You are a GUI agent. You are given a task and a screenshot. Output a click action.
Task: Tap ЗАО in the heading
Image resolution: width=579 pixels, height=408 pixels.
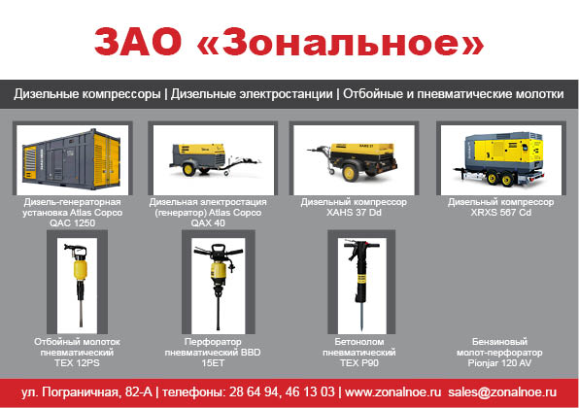138,42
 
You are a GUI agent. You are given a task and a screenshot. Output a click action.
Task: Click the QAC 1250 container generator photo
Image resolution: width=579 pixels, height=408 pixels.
72,159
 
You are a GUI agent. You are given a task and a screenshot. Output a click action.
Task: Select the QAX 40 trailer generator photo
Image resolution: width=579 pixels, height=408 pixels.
214,159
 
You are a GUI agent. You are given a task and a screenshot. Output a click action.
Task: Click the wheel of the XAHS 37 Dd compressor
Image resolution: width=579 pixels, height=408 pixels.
350,173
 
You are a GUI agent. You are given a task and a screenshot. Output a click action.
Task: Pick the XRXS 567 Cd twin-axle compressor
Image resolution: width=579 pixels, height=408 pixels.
500,158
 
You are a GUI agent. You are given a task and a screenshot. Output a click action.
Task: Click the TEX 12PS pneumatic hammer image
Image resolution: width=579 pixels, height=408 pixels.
78,285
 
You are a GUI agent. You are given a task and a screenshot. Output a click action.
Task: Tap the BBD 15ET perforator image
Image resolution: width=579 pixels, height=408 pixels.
219,286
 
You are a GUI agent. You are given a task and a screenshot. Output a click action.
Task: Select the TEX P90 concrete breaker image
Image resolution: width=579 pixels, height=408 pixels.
360,285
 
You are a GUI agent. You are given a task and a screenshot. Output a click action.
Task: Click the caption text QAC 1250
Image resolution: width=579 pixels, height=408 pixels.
72,223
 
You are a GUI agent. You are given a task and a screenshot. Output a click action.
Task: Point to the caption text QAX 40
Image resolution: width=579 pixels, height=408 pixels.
208,223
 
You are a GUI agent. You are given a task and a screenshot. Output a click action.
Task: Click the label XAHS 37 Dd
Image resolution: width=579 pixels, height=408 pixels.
354,213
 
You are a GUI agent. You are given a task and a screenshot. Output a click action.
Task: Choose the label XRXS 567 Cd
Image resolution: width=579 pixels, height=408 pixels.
500,213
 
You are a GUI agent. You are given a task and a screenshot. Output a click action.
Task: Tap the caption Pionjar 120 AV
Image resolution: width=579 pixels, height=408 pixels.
499,363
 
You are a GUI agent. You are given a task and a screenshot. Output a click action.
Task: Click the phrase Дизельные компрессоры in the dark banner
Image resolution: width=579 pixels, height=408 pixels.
87,94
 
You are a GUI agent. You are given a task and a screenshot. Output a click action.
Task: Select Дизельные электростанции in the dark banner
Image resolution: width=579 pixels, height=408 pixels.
252,94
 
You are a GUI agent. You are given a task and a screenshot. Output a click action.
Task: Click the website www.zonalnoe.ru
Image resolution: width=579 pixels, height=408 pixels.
392,391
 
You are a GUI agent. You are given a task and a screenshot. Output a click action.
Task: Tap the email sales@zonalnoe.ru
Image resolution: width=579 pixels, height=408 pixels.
502,391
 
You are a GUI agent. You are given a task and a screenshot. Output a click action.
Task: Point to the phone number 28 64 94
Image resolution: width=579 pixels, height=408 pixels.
254,391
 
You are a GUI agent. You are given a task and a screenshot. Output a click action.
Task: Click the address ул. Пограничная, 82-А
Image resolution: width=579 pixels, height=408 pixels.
86,391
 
